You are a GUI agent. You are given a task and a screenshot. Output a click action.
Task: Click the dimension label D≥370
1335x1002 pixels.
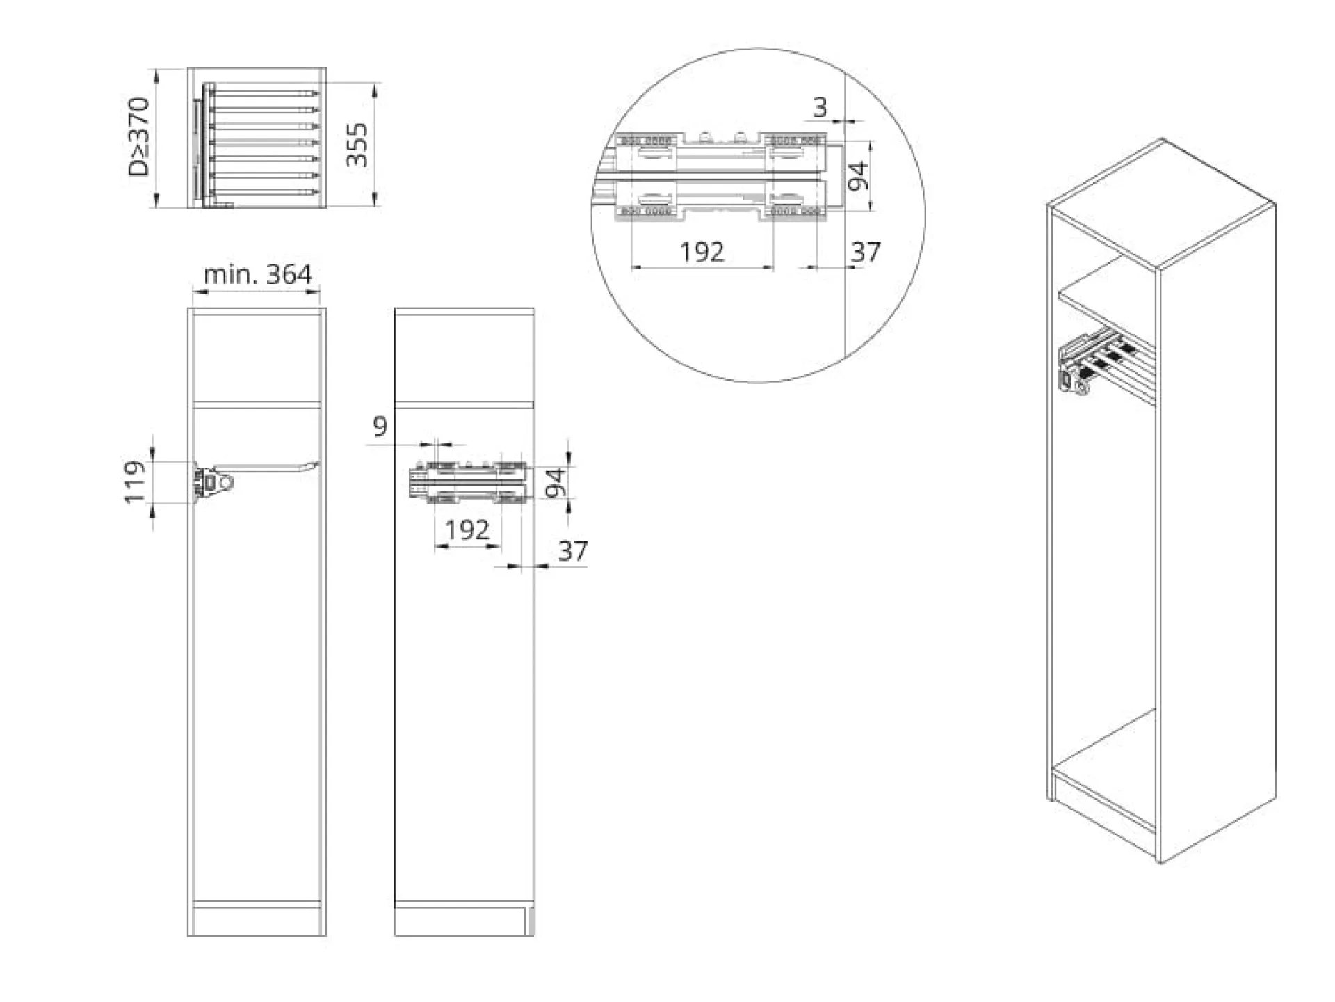(139, 137)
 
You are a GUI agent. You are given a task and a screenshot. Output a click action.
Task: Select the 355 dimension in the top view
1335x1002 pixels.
(357, 144)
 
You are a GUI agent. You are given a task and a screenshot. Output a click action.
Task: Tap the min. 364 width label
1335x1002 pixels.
(258, 274)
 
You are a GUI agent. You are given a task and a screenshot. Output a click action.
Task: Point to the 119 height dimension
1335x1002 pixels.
(135, 481)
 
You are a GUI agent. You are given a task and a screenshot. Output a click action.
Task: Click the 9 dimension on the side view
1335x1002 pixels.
(380, 426)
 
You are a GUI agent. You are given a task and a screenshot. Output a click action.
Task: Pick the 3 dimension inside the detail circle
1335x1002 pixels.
(820, 107)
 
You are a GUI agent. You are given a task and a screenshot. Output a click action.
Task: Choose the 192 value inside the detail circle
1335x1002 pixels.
(702, 251)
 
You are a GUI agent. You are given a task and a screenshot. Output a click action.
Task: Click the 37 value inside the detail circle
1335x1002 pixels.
(866, 251)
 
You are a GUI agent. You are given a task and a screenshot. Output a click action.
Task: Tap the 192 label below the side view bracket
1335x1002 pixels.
(467, 530)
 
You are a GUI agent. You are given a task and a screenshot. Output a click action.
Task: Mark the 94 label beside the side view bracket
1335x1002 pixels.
(556, 483)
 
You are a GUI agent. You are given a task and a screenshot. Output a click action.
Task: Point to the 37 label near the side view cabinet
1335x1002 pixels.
(573, 551)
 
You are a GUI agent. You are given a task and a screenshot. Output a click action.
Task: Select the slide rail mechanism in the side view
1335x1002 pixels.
(469, 481)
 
